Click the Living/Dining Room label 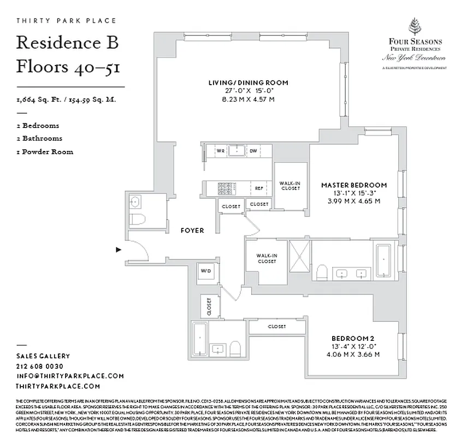point(248,82)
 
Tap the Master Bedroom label point(354,185)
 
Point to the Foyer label point(192,231)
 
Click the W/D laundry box point(206,271)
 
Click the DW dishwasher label point(253,150)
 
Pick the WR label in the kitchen point(221,150)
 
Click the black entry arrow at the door point(118,250)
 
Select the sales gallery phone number point(40,366)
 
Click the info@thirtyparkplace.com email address point(70,376)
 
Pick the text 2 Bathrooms point(39,138)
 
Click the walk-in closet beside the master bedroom point(290,186)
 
